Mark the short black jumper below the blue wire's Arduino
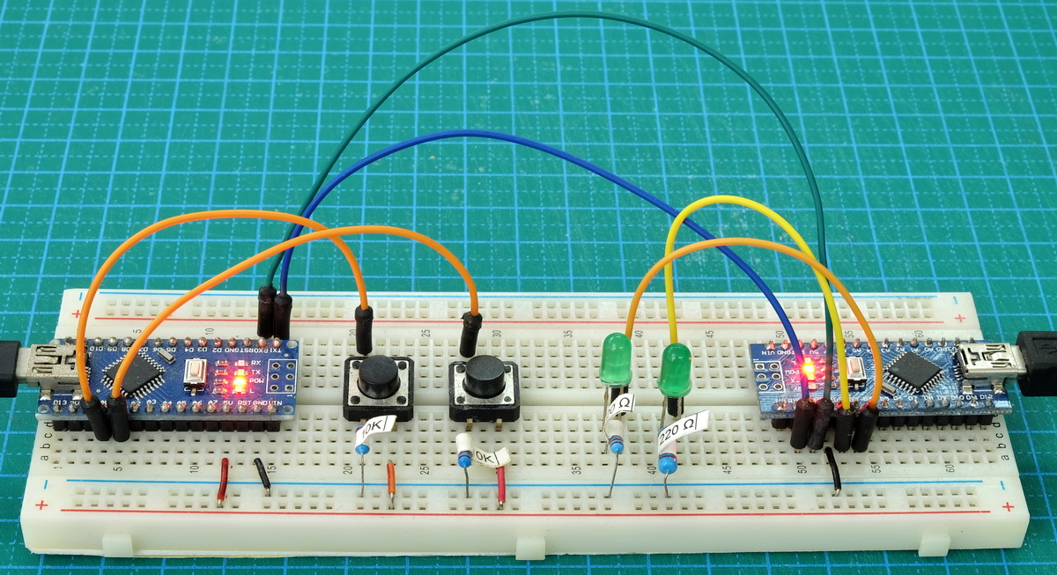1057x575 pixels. tap(832, 468)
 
